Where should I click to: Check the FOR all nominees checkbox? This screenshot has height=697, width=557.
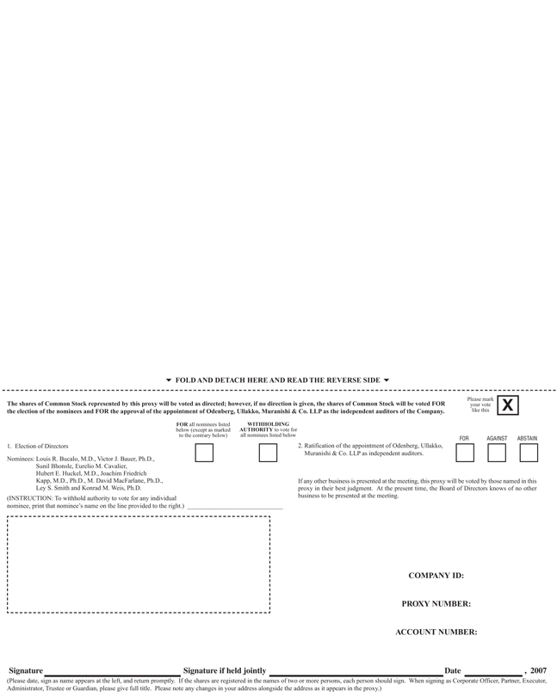pyautogui.click(x=204, y=453)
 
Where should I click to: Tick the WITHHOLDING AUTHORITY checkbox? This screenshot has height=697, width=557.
pyautogui.click(x=268, y=453)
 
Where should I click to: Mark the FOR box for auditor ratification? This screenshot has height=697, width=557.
pyautogui.click(x=465, y=453)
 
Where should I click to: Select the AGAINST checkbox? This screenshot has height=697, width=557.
pyautogui.click(x=497, y=453)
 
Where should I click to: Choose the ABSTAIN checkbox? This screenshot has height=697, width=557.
pyautogui.click(x=528, y=453)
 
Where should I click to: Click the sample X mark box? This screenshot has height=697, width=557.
pyautogui.click(x=508, y=405)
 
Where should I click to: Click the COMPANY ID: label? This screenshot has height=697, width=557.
pyautogui.click(x=436, y=576)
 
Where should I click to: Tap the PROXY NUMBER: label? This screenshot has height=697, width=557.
pyautogui.click(x=436, y=604)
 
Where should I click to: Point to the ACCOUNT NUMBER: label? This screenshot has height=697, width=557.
pyautogui.click(x=436, y=632)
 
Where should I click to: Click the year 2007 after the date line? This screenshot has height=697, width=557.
pyautogui.click(x=538, y=670)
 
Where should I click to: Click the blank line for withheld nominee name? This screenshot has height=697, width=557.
pyautogui.click(x=234, y=508)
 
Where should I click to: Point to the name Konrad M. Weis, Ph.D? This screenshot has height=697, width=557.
pyautogui.click(x=114, y=488)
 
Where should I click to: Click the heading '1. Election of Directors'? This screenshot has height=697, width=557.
pyautogui.click(x=38, y=447)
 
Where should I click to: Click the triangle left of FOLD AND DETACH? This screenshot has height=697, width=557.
pyautogui.click(x=169, y=380)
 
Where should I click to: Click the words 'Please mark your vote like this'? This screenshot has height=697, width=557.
pyautogui.click(x=480, y=405)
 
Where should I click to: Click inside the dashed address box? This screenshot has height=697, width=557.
pyautogui.click(x=139, y=564)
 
